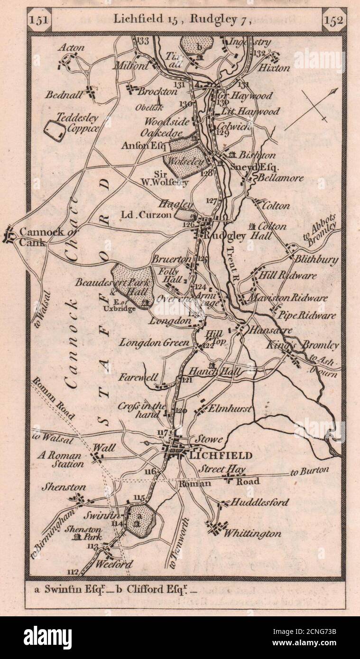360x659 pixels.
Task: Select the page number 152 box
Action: coord(334,20)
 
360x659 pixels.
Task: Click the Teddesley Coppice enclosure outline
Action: coord(56,131)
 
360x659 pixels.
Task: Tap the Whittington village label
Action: coord(252,533)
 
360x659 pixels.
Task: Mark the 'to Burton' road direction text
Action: coord(309,471)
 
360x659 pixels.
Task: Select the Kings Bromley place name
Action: coord(315,345)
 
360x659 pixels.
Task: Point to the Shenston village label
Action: coord(64,487)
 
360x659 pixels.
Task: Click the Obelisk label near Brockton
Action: coord(147,107)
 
